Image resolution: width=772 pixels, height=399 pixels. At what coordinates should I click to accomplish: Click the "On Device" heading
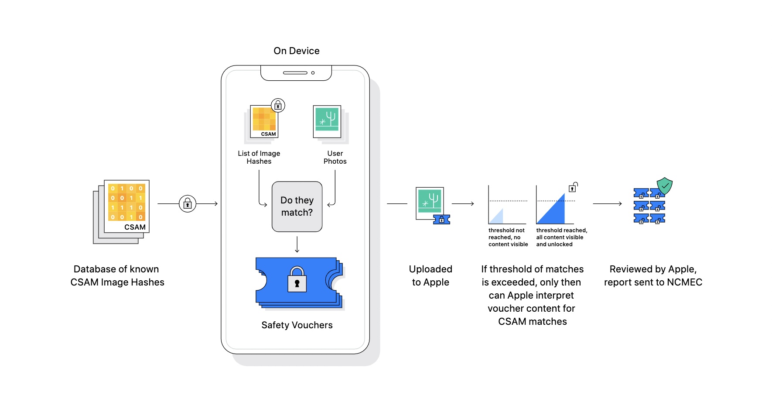(x=297, y=51)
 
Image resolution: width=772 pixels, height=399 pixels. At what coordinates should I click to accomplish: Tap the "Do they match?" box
(x=297, y=206)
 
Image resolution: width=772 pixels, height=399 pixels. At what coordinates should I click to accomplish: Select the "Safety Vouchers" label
(x=297, y=325)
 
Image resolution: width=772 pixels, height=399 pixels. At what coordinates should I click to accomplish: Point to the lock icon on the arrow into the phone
(x=188, y=204)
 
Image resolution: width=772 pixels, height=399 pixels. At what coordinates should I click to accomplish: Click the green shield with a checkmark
(x=665, y=186)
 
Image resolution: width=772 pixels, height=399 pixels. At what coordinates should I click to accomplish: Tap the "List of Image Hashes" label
(x=259, y=157)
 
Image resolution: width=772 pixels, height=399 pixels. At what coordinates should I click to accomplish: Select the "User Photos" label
(x=335, y=157)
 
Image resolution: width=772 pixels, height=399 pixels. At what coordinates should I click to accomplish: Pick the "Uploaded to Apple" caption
(x=430, y=275)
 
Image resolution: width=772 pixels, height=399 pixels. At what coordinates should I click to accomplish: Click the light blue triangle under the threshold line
(x=498, y=217)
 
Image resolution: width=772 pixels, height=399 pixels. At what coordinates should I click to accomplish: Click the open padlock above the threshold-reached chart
(x=573, y=187)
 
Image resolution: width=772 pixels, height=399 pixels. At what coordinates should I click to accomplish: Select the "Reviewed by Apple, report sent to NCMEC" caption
(x=653, y=275)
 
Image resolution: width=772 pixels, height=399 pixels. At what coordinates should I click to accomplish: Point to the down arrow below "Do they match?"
(x=297, y=244)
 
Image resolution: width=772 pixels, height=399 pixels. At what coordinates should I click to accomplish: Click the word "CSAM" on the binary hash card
(x=135, y=227)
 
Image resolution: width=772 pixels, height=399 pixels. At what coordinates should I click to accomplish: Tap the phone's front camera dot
(x=313, y=73)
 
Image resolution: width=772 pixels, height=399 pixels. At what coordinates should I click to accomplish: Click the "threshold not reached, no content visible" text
(x=508, y=237)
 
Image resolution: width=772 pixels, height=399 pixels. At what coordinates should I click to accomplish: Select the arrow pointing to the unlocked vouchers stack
(x=607, y=204)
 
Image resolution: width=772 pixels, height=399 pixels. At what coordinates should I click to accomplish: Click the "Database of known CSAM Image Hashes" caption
(x=117, y=275)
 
